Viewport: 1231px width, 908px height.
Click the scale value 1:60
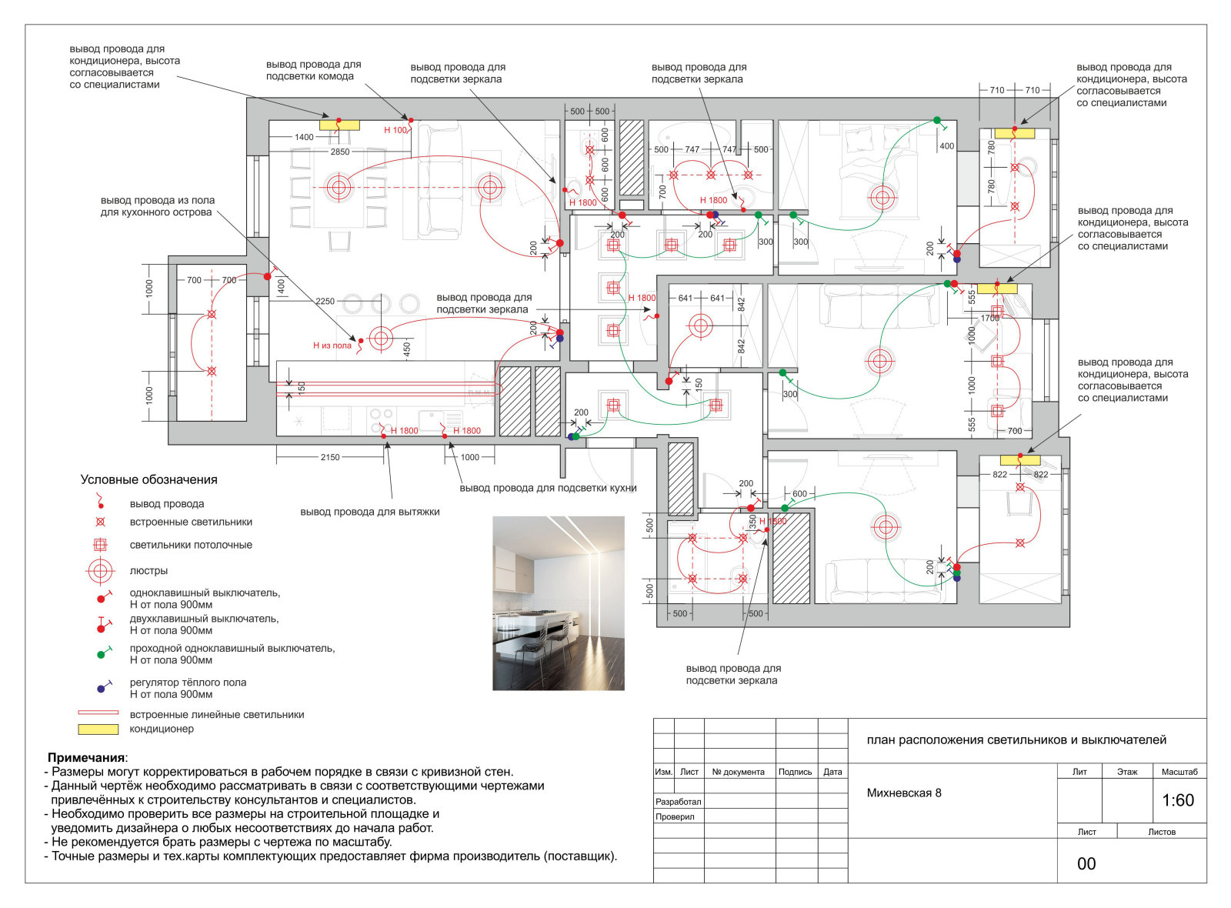pos(1178,800)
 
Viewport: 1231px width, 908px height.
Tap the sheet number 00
pos(1086,864)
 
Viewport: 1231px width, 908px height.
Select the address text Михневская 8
pos(903,793)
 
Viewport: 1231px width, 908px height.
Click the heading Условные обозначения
pos(149,480)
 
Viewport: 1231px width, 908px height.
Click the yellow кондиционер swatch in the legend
pos(98,729)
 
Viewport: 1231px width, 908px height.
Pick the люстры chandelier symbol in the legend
pos(100,571)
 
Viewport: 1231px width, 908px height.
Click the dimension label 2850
pos(339,152)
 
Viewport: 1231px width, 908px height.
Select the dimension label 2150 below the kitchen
pos(330,457)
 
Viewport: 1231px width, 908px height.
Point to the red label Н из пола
pos(332,346)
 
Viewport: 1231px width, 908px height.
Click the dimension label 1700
pos(990,319)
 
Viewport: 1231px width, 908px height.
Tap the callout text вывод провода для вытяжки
pos(370,512)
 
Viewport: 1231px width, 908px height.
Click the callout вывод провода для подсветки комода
pos(314,70)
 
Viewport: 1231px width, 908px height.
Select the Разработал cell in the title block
pos(678,802)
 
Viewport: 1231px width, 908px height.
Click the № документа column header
pos(738,773)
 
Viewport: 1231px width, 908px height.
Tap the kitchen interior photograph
pos(559,603)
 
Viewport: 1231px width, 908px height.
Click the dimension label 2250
pos(325,301)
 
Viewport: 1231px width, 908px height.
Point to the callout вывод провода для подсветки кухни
pos(548,488)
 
